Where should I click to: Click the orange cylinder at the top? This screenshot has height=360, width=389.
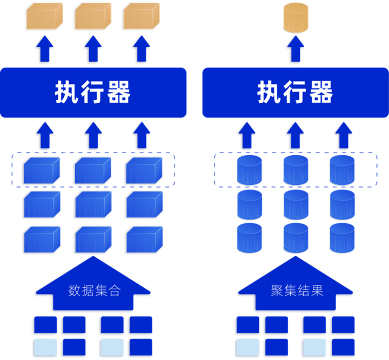pos(296,18)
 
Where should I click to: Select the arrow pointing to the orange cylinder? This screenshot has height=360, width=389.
pos(296,49)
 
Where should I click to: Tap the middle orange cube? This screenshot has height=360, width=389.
pos(93,16)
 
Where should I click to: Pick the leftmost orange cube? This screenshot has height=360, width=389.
pos(45,16)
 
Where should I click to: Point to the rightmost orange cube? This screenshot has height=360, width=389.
pos(142,16)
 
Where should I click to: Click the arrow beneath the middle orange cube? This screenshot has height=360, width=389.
pos(93,49)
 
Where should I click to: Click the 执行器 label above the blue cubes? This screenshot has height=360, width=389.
pos(92,92)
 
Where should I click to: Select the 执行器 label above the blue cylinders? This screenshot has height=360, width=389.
pos(295,92)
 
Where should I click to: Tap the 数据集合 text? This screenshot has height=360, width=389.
pos(95,290)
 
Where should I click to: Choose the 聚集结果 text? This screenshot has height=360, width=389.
pos(297,290)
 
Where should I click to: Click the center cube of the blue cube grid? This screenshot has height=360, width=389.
pos(93,204)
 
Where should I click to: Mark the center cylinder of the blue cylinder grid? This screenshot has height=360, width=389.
pos(296,204)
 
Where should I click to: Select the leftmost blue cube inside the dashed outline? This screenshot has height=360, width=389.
pos(42,171)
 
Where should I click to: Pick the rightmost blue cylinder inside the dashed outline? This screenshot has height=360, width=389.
pos(342,170)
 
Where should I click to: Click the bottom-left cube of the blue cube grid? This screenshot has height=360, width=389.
pos(42,239)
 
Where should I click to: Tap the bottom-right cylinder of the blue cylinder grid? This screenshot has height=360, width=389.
pos(342,238)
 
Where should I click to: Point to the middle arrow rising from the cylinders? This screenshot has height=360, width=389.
pos(295,135)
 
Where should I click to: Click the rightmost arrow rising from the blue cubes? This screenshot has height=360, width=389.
pos(142,135)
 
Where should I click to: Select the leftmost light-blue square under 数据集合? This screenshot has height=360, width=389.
pos(45,347)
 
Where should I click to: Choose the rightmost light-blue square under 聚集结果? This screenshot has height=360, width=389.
pos(314,347)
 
